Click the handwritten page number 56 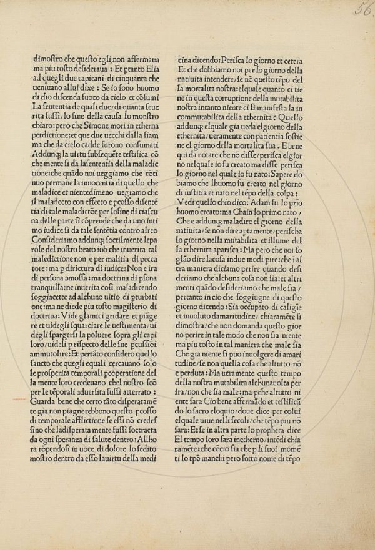coord(361,11)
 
